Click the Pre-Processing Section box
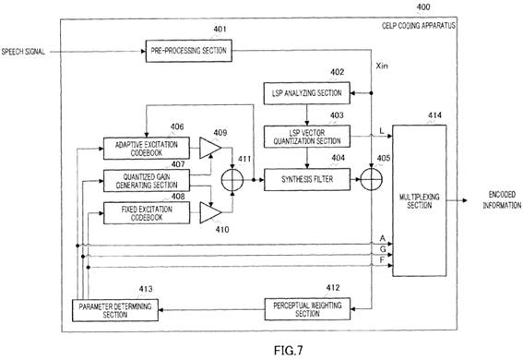(x=189, y=51)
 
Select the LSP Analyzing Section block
(x=307, y=93)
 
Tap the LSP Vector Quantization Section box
(x=307, y=136)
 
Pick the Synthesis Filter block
(x=307, y=179)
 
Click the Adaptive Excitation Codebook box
(x=147, y=148)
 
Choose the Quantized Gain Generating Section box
(x=147, y=181)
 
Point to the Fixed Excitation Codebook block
(x=147, y=213)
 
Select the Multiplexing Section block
(x=420, y=200)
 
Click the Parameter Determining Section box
(x=115, y=310)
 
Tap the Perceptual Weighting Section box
(x=307, y=309)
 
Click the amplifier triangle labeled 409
(x=210, y=148)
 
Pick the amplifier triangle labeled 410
(x=210, y=212)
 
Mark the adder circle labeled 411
(x=232, y=180)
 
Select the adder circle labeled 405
(x=371, y=179)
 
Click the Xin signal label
(x=382, y=66)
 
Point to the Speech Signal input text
(x=23, y=52)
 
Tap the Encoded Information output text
(x=502, y=199)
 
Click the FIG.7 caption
(x=289, y=351)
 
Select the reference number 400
(x=423, y=6)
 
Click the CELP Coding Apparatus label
(x=419, y=26)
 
